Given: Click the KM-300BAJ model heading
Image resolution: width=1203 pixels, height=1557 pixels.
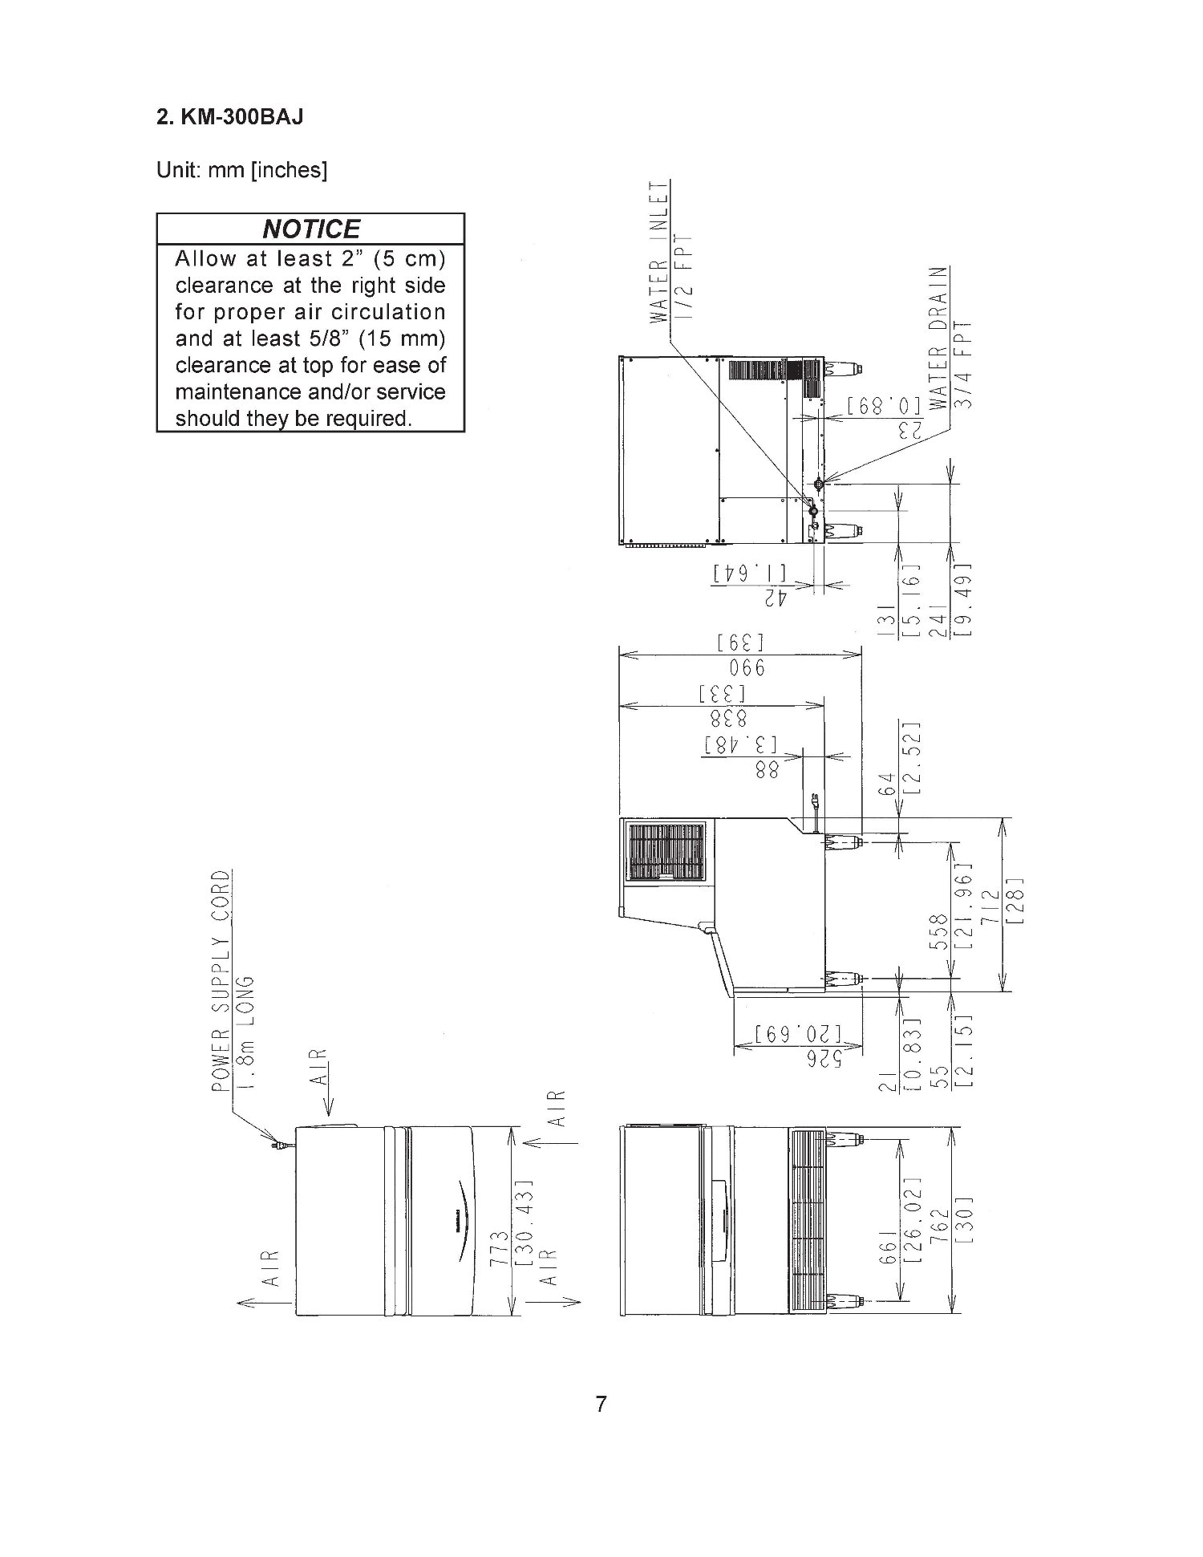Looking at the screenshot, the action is pos(229,118).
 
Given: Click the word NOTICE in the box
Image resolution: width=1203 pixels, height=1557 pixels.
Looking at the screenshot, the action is pos(311,229).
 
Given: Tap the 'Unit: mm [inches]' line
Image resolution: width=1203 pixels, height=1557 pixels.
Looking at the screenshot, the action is pos(241,172).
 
